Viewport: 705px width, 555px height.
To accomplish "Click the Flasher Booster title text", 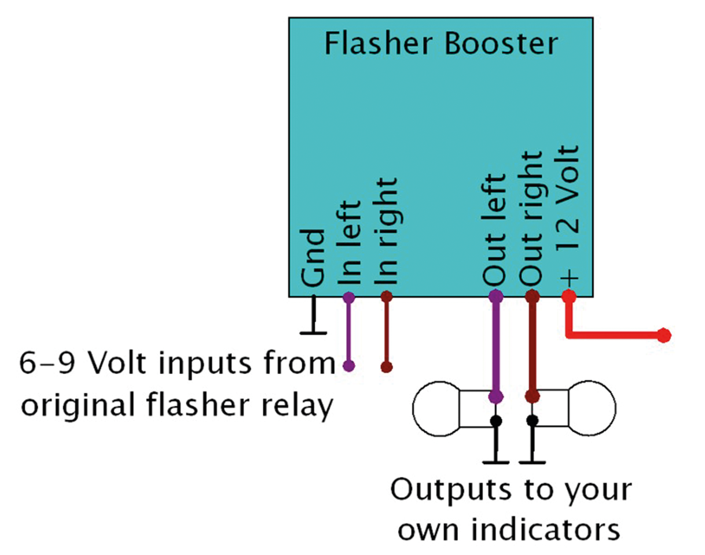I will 441,45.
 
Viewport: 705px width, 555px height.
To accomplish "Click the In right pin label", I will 387,231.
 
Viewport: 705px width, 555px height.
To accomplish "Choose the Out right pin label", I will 532,219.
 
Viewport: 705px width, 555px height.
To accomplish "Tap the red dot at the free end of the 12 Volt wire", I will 664,335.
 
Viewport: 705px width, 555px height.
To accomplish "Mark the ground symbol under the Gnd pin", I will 314,332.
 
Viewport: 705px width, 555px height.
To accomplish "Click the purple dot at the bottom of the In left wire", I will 348,365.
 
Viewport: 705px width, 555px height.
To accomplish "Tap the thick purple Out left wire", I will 496,347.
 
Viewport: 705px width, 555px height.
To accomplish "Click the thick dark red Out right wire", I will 533,347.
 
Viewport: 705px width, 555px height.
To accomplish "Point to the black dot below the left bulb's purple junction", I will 495,421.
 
